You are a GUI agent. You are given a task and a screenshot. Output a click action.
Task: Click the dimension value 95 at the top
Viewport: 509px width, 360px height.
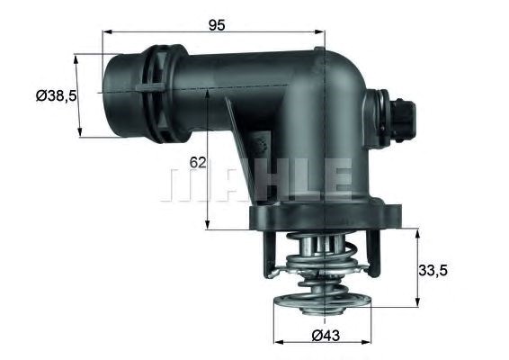coord(217,25)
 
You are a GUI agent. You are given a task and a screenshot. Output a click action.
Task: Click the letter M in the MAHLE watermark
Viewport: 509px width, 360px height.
coord(185,181)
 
